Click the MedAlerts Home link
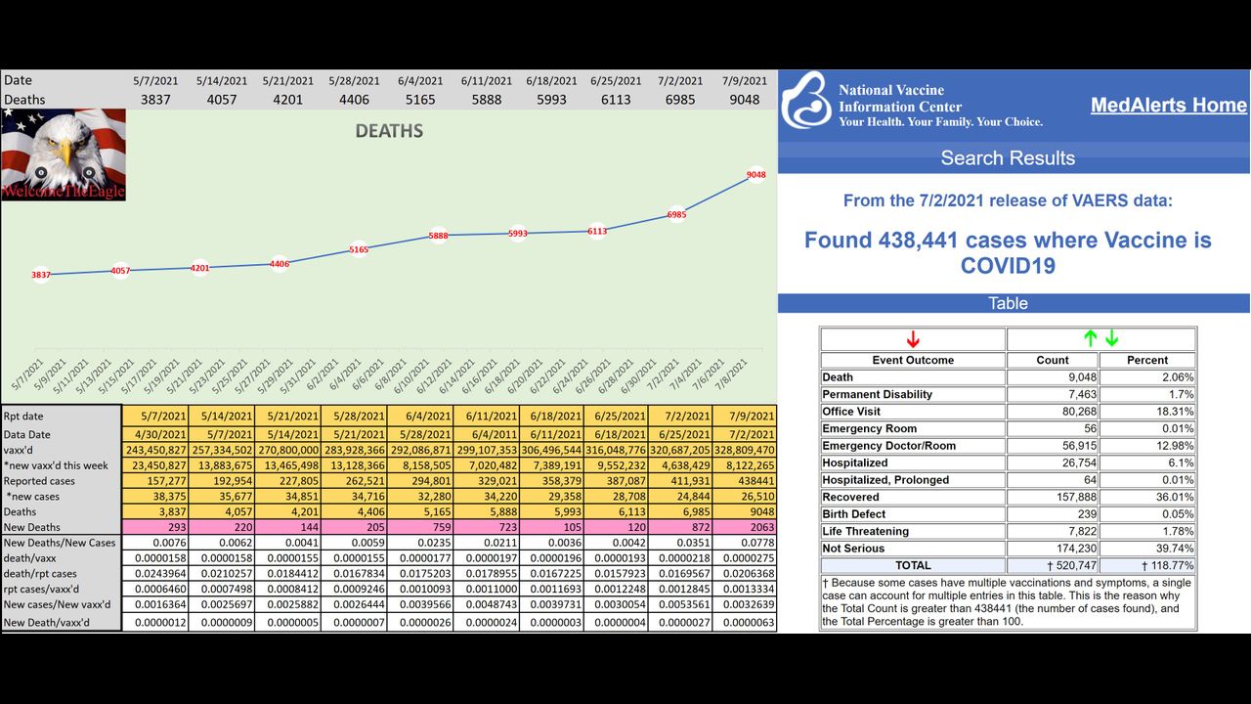point(1168,106)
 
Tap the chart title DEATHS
point(389,131)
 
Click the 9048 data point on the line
point(755,175)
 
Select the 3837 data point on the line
point(40,275)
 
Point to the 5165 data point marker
point(359,250)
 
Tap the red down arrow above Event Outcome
point(913,339)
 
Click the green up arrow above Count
point(1091,339)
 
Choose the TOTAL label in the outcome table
point(913,566)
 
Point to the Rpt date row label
point(23,417)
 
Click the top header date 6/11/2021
point(486,81)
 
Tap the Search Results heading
point(1008,158)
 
